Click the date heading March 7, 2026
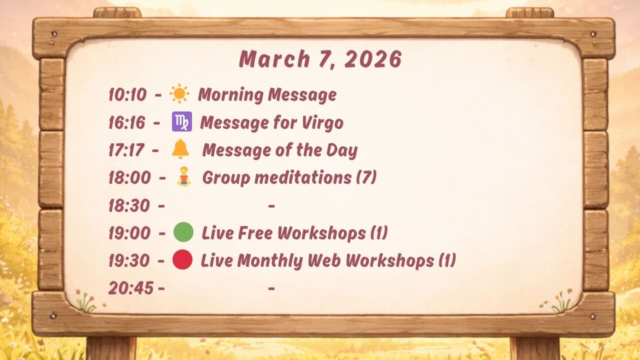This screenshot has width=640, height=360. (x=320, y=59)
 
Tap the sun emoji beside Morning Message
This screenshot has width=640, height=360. (x=179, y=93)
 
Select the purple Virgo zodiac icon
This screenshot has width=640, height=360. (x=181, y=121)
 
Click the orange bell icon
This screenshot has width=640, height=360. (x=180, y=149)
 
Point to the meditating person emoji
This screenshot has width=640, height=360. (x=183, y=176)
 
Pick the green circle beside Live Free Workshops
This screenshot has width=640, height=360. (x=183, y=232)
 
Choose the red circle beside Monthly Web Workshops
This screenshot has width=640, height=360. (x=182, y=259)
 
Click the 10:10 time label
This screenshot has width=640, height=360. (x=127, y=94)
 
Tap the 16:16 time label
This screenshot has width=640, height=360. (x=127, y=122)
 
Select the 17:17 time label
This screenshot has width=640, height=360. (x=126, y=150)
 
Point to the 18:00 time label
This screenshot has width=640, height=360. (x=129, y=177)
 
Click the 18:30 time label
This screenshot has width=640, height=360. (x=129, y=205)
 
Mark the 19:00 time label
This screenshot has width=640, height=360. (x=129, y=233)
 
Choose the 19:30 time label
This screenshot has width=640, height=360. (x=129, y=260)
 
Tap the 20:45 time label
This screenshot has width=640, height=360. (x=131, y=288)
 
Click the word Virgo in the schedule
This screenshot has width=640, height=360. (x=322, y=123)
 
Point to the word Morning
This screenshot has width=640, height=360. (x=231, y=95)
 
